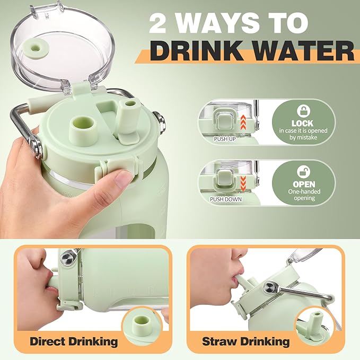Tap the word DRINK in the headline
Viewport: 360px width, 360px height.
coord(197,50)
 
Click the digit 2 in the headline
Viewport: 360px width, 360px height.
coord(157,23)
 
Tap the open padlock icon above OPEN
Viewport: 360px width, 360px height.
coord(303,172)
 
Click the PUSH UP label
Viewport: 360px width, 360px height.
coord(225,139)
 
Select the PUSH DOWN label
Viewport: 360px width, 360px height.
coord(226,199)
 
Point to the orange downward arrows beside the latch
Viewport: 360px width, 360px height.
coord(243,183)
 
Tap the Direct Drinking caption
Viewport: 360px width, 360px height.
coord(74,341)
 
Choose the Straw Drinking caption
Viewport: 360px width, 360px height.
coord(245,341)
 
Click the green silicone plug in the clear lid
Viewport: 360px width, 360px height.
coord(36,47)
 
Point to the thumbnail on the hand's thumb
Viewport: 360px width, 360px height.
coord(124,178)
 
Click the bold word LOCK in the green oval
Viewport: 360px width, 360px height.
coord(303,124)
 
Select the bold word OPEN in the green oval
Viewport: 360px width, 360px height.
coord(304,184)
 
